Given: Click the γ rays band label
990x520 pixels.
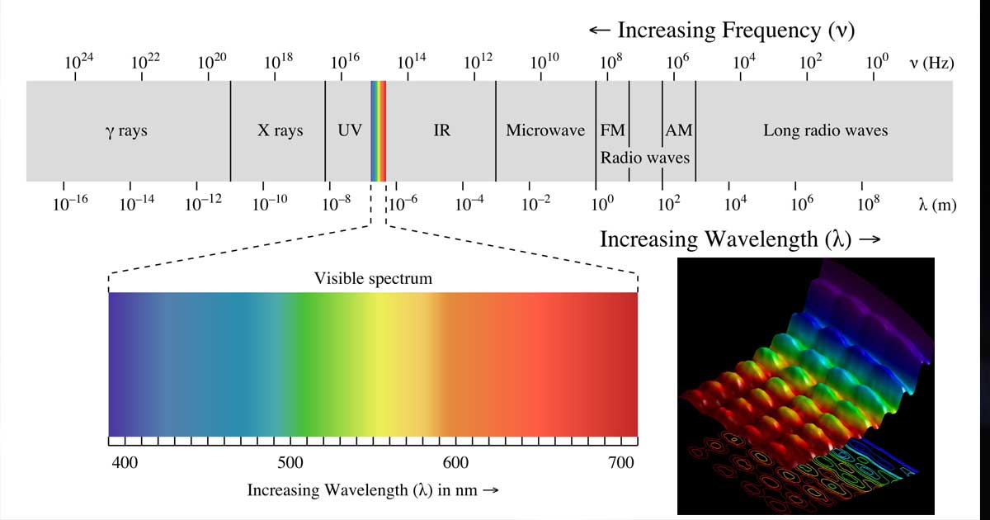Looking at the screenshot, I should point(126,130).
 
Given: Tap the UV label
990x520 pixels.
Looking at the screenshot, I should point(350,130).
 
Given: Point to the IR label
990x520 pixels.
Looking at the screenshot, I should point(442,130).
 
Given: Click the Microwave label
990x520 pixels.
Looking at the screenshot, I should point(545,130).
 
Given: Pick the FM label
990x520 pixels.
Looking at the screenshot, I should point(612,130).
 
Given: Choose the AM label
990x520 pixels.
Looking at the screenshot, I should point(678,130).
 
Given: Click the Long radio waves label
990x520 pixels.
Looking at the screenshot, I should point(825,130).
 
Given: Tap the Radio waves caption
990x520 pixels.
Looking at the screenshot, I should point(645,157).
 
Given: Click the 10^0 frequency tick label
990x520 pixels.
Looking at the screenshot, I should point(877,61).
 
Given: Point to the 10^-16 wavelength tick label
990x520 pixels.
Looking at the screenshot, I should point(70,203).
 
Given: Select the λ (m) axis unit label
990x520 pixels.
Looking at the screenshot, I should point(937,205).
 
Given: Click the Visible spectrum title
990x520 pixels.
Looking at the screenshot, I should point(373,278).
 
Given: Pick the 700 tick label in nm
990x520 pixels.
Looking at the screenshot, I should point(620,463).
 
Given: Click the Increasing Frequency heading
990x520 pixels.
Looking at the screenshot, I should point(721,31).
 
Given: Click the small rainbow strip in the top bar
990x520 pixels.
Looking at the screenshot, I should point(379,130).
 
